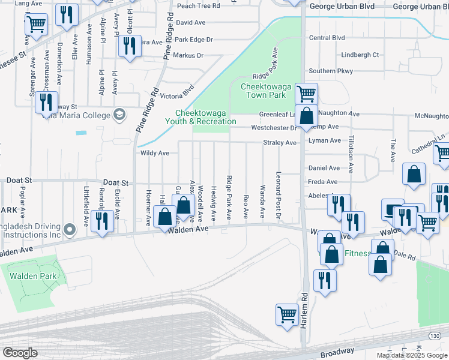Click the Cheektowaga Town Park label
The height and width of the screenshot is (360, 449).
(262, 91)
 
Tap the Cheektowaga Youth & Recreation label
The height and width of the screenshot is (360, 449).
(205, 117)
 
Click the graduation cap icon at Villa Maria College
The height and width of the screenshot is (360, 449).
(119, 115)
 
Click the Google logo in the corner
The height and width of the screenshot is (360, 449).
(20, 352)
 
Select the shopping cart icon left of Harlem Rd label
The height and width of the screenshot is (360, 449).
(287, 314)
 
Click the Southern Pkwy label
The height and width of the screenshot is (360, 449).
(331, 71)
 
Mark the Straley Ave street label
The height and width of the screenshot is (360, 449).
(280, 143)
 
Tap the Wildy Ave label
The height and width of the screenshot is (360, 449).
(154, 153)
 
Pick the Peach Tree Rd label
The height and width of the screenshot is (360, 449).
(198, 5)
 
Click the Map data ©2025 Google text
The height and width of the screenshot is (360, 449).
(411, 355)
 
